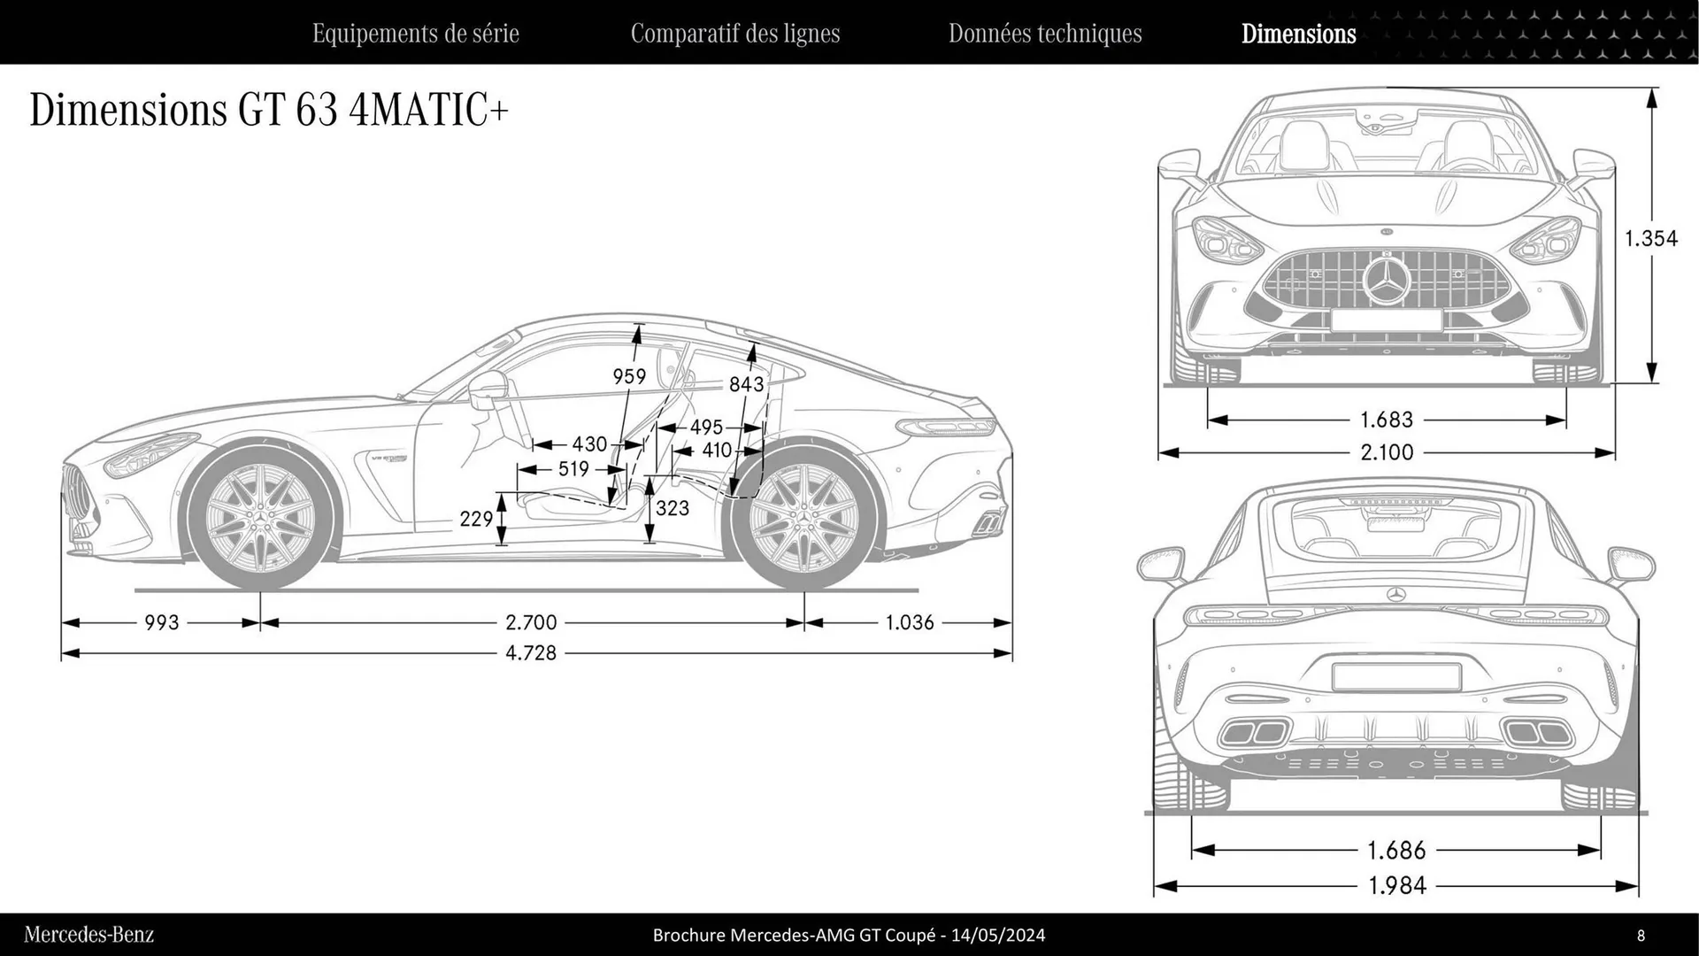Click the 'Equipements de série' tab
415,34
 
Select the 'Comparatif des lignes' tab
734,34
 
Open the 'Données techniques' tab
1044,34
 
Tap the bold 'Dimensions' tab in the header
1298,34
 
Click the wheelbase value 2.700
531,622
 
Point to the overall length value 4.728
531,653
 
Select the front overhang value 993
162,622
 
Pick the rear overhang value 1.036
910,622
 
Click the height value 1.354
1650,238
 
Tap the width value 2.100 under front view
1387,452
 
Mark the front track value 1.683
1387,420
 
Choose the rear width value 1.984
1397,885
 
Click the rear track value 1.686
1397,851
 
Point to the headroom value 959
629,376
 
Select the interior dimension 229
476,519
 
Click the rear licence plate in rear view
1396,677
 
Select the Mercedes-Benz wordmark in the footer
88,935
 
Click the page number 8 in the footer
1641,935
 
